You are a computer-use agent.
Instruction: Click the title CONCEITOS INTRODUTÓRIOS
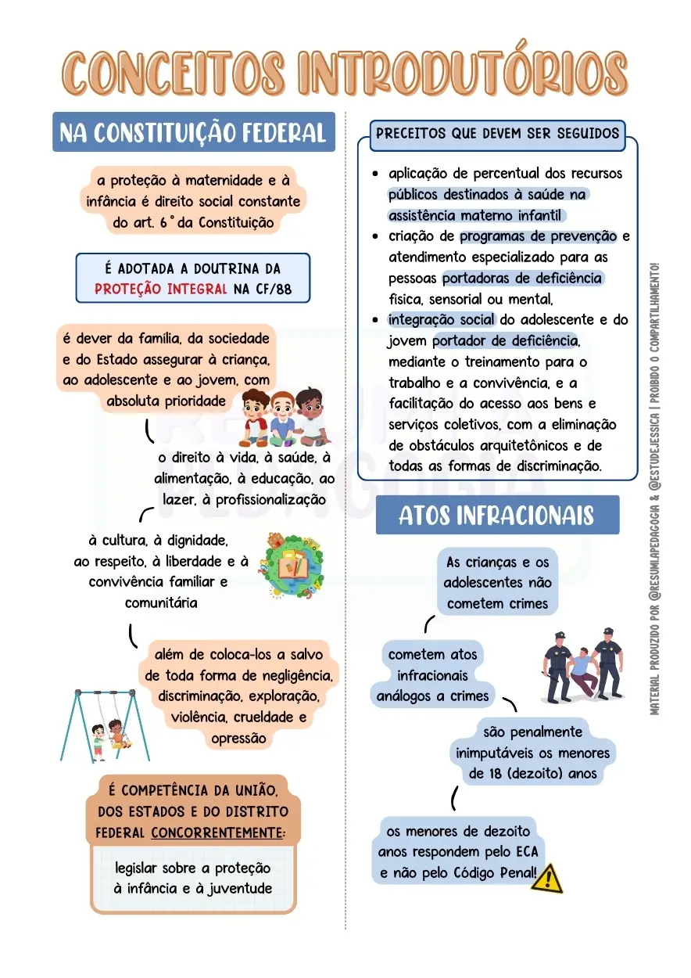[345, 72]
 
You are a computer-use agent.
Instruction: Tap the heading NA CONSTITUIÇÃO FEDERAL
[193, 132]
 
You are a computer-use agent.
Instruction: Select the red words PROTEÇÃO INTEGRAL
[161, 289]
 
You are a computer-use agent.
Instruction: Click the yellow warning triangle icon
[546, 878]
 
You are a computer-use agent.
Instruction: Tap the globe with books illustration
[290, 566]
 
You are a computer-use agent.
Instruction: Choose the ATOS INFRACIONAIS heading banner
[496, 516]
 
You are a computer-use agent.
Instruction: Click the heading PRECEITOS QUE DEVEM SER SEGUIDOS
[497, 133]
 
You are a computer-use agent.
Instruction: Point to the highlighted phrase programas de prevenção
[539, 236]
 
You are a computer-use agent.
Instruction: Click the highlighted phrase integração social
[442, 319]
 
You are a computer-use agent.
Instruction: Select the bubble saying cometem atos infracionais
[432, 674]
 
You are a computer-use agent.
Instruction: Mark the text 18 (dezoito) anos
[533, 774]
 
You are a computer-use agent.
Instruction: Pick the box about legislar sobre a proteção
[193, 879]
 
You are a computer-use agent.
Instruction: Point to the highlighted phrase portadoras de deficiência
[522, 278]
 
